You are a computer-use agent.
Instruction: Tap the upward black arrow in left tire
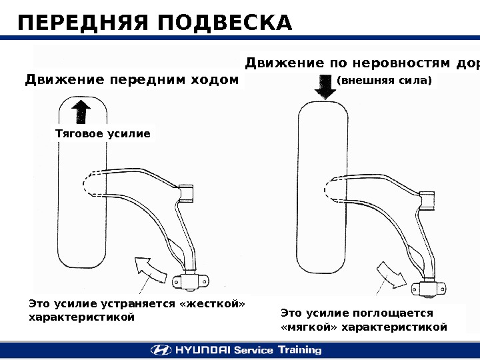tap(80, 111)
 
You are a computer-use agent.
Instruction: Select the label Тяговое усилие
tap(102, 134)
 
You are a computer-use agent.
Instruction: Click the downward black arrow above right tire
tap(326, 87)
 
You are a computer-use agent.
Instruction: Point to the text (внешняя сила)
tap(385, 81)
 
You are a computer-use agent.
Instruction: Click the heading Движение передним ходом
tap(131, 81)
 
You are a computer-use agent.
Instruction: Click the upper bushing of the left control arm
tap(187, 193)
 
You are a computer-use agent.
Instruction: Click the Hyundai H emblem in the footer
tap(160, 350)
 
